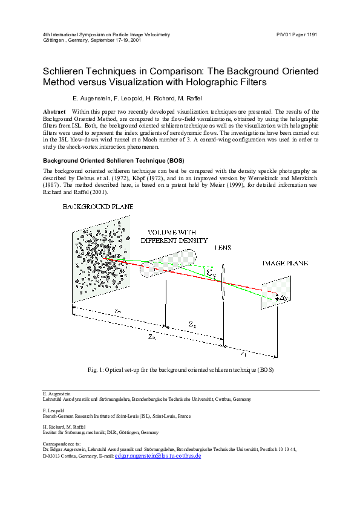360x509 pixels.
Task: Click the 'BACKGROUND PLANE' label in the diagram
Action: [97, 207]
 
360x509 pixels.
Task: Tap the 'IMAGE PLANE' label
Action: [284, 264]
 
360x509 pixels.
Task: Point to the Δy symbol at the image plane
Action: [283, 297]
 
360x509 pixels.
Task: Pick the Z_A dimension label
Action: [192, 325]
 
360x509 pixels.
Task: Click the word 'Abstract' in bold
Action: [54, 112]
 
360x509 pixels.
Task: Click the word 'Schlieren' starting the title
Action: [64, 71]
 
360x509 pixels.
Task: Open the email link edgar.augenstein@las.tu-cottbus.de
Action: [157, 456]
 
